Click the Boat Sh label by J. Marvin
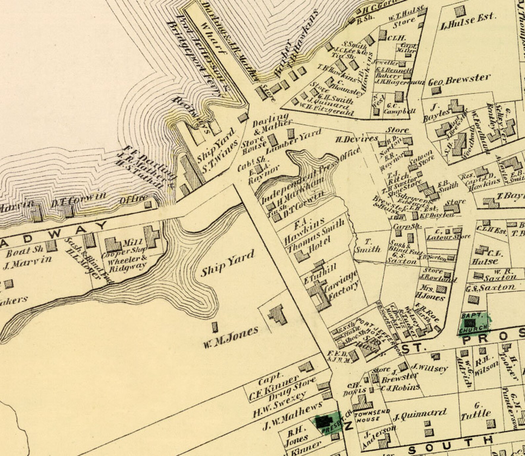(x=25, y=251)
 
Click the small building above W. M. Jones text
(x=215, y=327)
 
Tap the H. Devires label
(x=356, y=139)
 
